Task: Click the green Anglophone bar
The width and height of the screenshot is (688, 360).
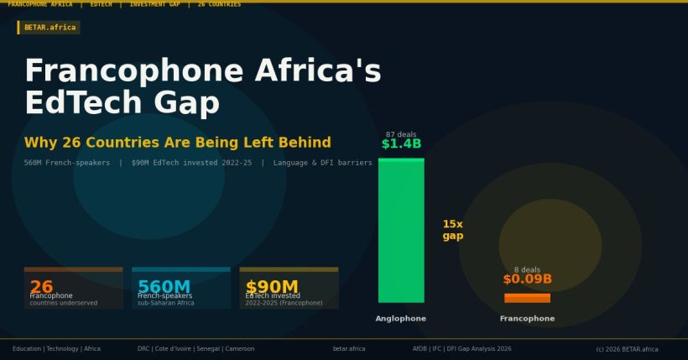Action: pos(401,230)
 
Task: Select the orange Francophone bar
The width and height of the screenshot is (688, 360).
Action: pos(527,298)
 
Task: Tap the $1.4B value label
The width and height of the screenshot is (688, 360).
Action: pos(401,144)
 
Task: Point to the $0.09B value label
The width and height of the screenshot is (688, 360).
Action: pos(527,279)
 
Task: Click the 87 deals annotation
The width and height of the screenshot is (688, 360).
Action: pos(401,134)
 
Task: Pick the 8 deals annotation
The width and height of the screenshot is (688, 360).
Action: pos(527,270)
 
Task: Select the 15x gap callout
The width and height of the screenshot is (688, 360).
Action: pos(453,230)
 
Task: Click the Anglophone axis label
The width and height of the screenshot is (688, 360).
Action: pos(401,319)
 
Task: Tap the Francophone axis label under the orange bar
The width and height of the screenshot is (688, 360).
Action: pos(527,319)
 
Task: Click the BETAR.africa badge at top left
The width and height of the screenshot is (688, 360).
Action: pos(50,28)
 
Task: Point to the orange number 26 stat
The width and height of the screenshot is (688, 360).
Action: pos(41,286)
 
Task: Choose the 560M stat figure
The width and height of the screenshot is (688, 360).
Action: pos(164,286)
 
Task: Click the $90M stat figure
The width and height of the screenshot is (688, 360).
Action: pos(272,286)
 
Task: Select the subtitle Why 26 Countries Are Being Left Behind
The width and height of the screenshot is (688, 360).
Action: pos(177,143)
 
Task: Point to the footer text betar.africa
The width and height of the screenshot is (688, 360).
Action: pos(349,349)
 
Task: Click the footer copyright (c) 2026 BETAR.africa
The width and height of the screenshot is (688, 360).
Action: pos(627,349)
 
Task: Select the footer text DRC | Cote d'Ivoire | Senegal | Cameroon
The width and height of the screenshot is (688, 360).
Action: pos(195,349)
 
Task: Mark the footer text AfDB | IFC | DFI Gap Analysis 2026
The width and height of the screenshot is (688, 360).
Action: pos(461,349)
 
